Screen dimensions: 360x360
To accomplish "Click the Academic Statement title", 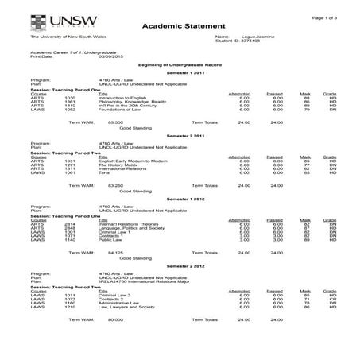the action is [x=179, y=26].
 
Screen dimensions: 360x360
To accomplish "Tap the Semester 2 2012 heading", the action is [x=180, y=264].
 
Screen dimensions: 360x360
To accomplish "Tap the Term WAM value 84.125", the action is [x=124, y=251].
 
